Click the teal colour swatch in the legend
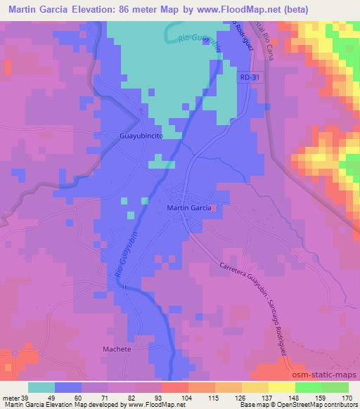tap(41, 387)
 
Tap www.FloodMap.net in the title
tap(230, 8)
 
